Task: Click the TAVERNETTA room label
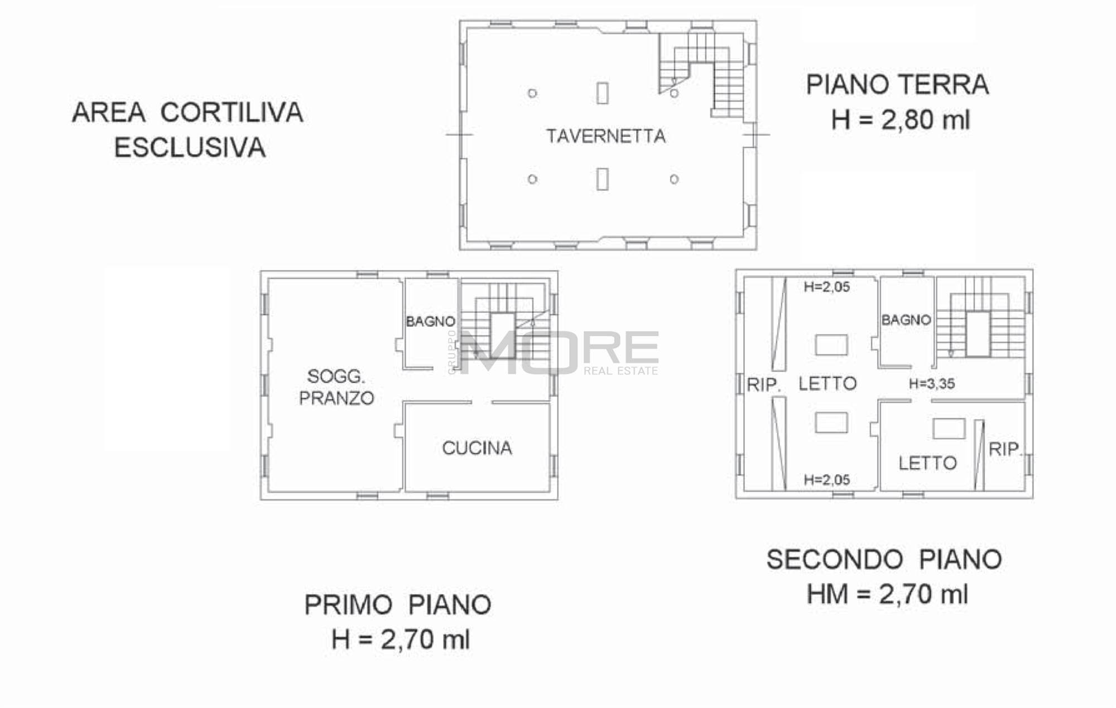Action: pos(606,136)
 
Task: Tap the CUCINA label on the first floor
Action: pos(477,448)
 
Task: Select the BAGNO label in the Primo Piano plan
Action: pos(430,321)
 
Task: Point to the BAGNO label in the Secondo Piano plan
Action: pos(906,320)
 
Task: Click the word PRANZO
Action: pos(336,398)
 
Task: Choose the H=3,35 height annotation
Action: pos(932,384)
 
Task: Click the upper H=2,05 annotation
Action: pos(827,287)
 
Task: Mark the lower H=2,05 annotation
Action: pos(827,480)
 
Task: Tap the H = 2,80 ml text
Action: pos(901,120)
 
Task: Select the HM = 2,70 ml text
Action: pos(887,594)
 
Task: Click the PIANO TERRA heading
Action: pos(897,85)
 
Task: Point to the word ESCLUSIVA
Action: pos(190,148)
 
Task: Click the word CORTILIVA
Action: pos(232,112)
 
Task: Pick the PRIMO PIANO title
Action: pos(398,605)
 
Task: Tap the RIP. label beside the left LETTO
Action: pos(763,384)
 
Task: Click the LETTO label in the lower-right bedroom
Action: pos(927,463)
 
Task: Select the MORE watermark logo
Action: pos(558,352)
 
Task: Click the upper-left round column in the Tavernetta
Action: pos(532,93)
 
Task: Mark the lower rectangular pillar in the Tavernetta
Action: pos(602,179)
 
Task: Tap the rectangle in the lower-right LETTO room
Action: pos(949,428)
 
